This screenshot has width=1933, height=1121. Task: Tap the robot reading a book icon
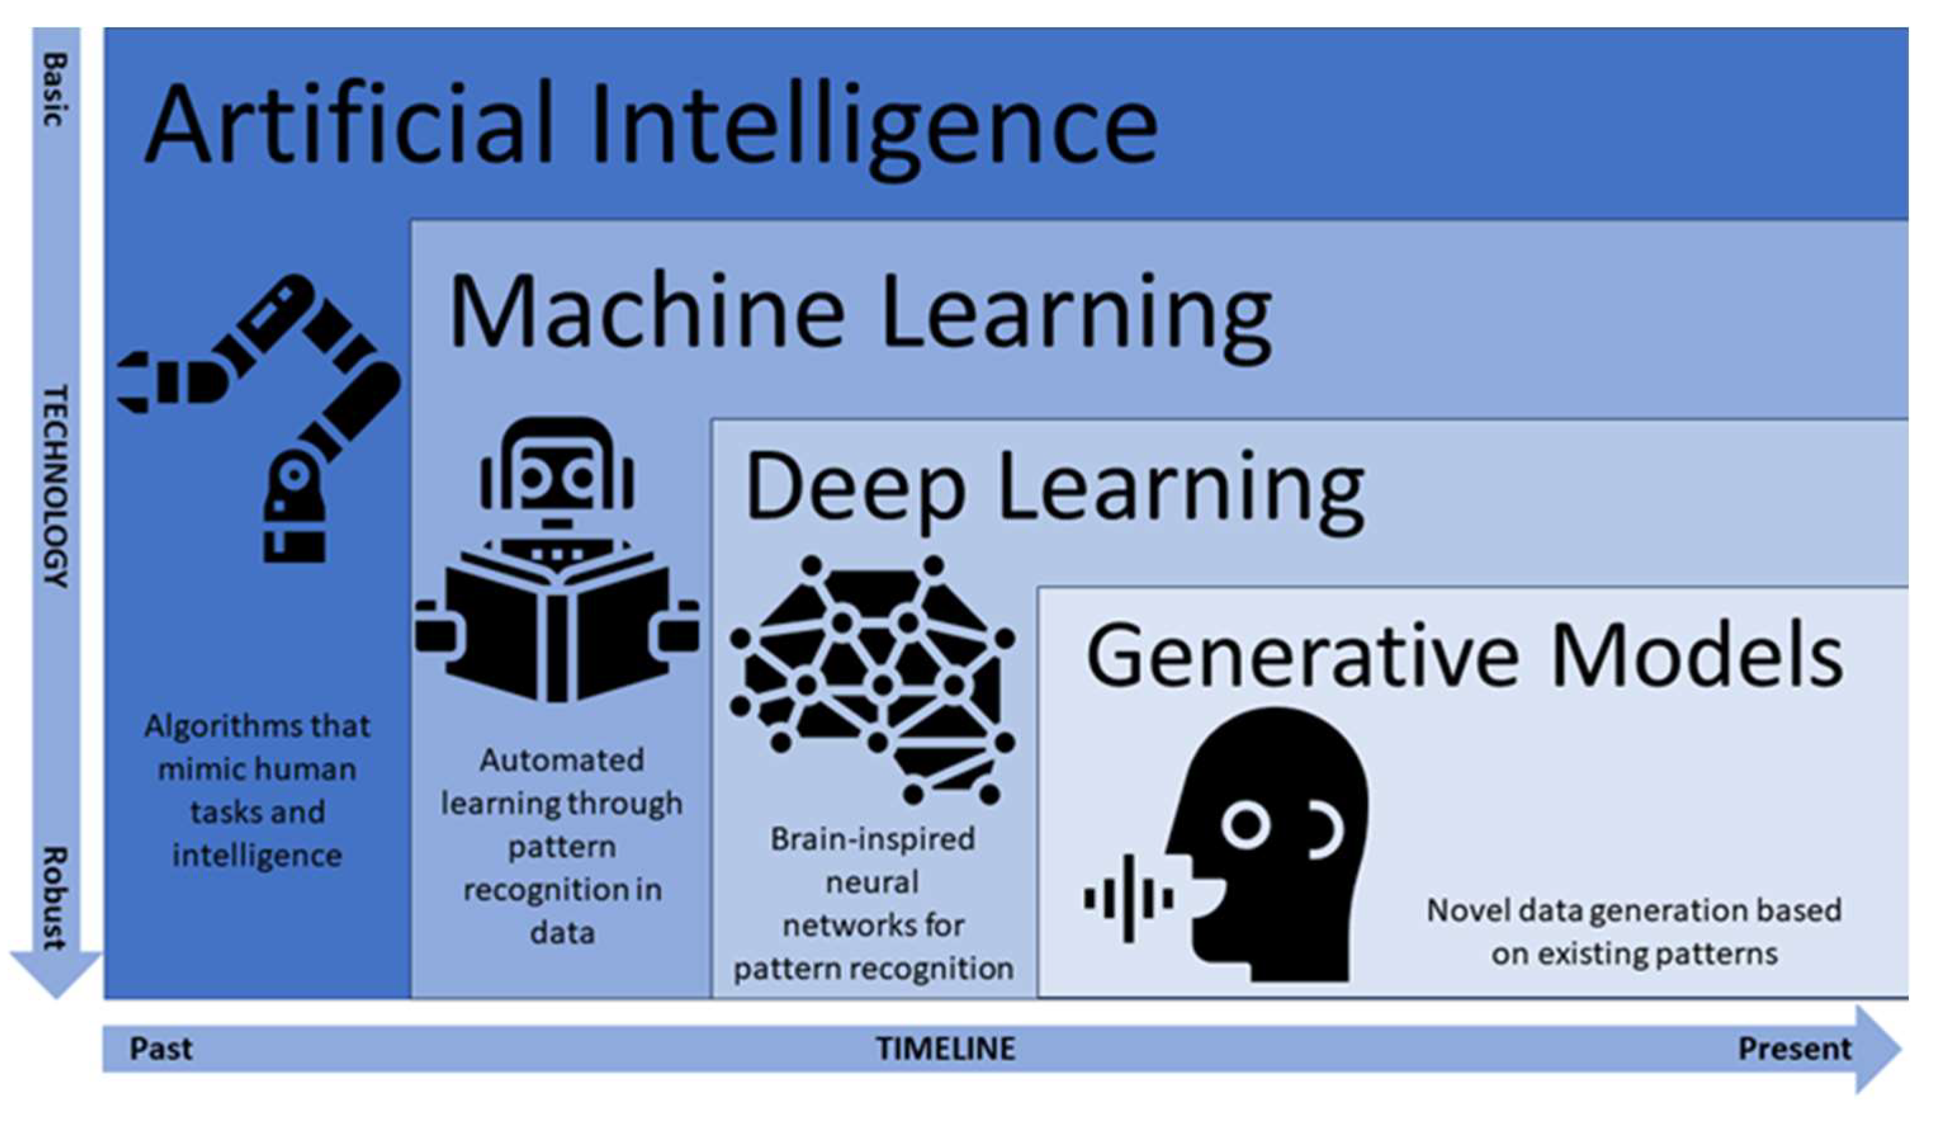(558, 560)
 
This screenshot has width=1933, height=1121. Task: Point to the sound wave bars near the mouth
(1128, 898)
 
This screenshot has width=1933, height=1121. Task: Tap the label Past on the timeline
(161, 1049)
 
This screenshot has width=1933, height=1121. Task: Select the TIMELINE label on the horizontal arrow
(946, 1049)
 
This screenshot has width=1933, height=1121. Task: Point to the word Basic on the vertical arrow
(55, 89)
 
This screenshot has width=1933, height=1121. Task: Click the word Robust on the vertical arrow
(55, 898)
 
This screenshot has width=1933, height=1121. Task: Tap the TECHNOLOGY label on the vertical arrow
(55, 486)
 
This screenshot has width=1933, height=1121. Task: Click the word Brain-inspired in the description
(873, 839)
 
